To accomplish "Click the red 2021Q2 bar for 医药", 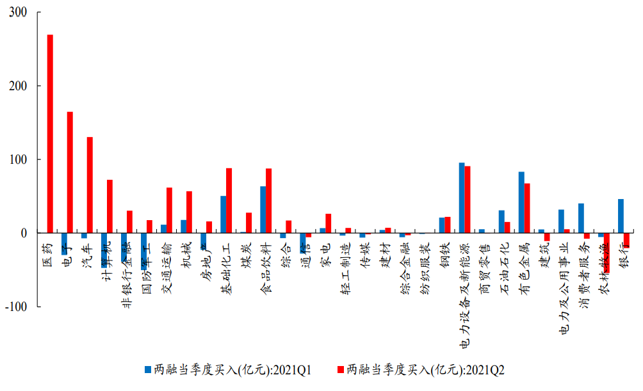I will click(50, 134).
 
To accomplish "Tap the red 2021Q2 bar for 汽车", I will click(90, 185).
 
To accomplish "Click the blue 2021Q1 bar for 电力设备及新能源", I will click(461, 198).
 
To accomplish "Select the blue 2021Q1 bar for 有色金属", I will click(521, 202).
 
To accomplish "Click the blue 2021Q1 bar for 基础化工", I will click(223, 214).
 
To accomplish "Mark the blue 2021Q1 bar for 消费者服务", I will click(581, 218).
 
